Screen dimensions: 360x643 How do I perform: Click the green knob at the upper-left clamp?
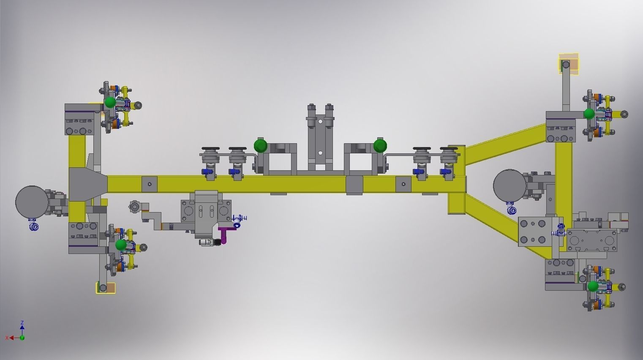point(110,102)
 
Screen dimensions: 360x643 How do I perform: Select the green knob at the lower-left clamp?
point(121,245)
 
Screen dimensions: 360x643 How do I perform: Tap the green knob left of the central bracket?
point(261,146)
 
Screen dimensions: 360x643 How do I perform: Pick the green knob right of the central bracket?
point(380,146)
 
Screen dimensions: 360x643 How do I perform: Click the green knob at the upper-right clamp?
point(589,114)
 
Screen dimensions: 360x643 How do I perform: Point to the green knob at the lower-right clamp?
point(593,286)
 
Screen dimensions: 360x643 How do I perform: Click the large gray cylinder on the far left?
point(32,202)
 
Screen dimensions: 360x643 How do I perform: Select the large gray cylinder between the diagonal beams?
point(509,185)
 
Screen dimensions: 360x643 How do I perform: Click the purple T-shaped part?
point(224,234)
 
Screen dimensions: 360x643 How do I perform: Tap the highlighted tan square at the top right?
point(569,64)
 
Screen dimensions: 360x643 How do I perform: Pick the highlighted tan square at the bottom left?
point(106,288)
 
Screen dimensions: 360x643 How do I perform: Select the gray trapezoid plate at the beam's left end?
point(88,184)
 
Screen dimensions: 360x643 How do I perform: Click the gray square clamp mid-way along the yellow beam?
point(354,185)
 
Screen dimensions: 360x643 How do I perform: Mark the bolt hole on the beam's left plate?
point(149,184)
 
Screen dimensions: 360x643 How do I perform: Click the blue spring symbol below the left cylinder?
point(34,227)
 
